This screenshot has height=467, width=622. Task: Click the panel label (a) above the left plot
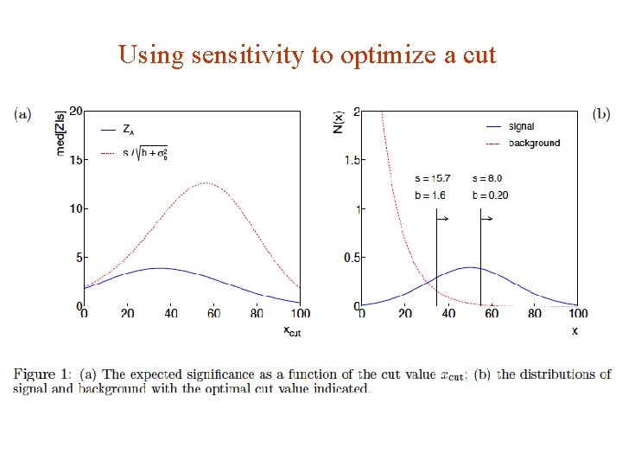tap(22, 113)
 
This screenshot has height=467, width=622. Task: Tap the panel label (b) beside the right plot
tap(600, 113)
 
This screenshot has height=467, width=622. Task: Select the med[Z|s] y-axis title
tap(61, 131)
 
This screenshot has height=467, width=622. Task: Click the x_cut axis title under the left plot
tap(291, 330)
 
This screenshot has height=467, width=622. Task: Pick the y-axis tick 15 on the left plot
tap(75, 160)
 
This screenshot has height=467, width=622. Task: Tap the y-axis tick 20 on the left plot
tap(75, 112)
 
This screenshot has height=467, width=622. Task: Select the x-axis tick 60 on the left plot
tap(215, 314)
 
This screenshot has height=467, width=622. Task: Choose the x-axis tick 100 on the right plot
tap(578, 314)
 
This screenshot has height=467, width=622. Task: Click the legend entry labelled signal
tap(521, 127)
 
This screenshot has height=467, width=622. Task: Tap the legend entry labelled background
tap(534, 143)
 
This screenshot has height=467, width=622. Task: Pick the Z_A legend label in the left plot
tap(128, 131)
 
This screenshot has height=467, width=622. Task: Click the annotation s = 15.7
tap(432, 178)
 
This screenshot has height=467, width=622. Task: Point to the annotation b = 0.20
tap(490, 195)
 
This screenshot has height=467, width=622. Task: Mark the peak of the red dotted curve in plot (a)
tap(206, 182)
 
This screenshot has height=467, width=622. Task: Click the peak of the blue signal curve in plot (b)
tap(469, 267)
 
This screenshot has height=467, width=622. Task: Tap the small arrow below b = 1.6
tap(441, 220)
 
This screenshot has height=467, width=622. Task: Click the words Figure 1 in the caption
tap(42, 374)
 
